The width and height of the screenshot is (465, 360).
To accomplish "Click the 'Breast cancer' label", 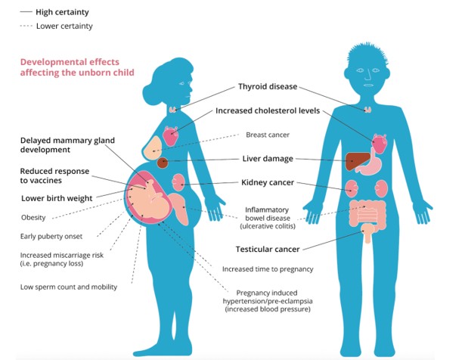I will pos(268,135).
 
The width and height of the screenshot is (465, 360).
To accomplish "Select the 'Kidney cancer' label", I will pos(267,182).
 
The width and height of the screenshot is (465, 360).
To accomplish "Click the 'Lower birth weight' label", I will pos(57,198).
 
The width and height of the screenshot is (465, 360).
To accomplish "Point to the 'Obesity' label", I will pos(33,218).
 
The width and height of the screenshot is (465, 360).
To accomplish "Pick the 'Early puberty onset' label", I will pos(51,235).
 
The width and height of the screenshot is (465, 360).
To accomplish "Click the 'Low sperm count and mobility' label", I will pos(67,286).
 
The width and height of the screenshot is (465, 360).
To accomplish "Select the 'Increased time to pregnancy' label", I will pos(267,268).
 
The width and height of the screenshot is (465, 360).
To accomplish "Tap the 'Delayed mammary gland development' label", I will pos(67,144).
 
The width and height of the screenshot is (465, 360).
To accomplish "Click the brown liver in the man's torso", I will pos(360,161).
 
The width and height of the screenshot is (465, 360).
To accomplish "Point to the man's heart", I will pos(378,142).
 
